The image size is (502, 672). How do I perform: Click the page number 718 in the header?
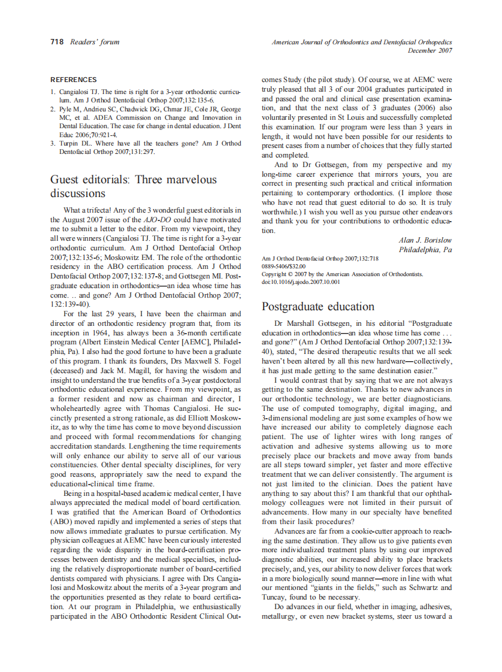(x=57, y=42)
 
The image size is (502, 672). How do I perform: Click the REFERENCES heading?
(x=73, y=80)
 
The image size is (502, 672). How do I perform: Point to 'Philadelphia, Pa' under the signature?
(x=425, y=249)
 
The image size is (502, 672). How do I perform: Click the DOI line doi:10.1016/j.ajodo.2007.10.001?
(x=301, y=281)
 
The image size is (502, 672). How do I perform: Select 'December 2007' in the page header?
(x=430, y=51)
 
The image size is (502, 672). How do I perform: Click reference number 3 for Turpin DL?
(x=53, y=144)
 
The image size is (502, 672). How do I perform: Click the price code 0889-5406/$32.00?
(x=283, y=266)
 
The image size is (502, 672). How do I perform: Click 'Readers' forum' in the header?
(x=95, y=42)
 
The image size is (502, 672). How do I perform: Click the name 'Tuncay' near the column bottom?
(x=274, y=597)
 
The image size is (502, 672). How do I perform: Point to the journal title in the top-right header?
(x=362, y=43)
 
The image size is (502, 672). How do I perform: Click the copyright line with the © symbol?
(x=342, y=274)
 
